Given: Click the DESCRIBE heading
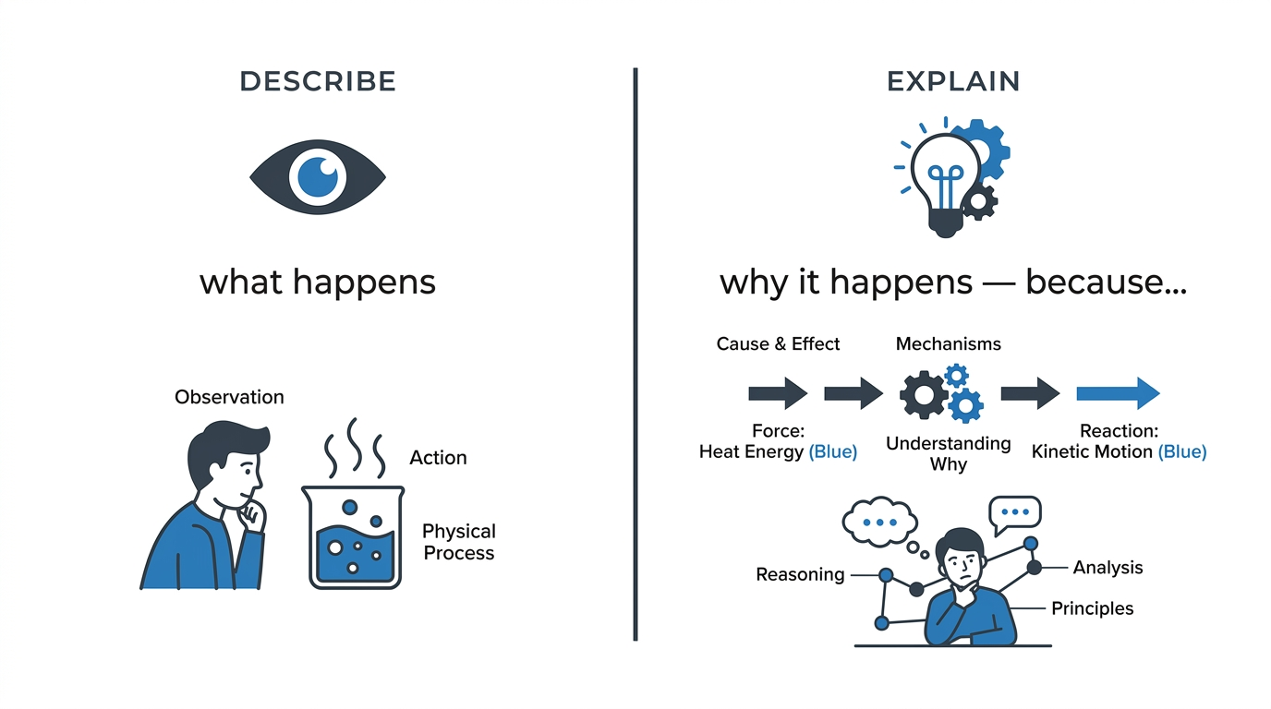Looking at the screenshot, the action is coord(318,81).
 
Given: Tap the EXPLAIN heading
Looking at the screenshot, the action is coord(953,81).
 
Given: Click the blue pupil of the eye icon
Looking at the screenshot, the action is coord(318,177).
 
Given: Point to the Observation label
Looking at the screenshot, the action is coord(229,397).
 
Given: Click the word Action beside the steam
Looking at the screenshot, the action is coord(438,458).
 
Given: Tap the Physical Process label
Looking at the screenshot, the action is coord(459,542).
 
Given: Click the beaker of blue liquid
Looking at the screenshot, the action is coord(353,536).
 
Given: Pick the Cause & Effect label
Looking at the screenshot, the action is coord(778,343).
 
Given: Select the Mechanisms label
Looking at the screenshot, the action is coord(948,343).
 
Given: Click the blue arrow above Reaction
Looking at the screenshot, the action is coord(1119,393).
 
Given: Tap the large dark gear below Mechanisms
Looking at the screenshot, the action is coord(924,395).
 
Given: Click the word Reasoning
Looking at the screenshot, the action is coord(800,574).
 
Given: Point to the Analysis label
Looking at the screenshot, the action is coord(1108,567).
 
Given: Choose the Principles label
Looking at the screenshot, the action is coord(1092,608).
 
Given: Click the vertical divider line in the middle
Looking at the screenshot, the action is coord(635,354).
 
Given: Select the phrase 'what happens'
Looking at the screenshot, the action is coord(318,282).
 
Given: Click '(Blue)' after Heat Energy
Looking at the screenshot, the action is coord(833,452).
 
